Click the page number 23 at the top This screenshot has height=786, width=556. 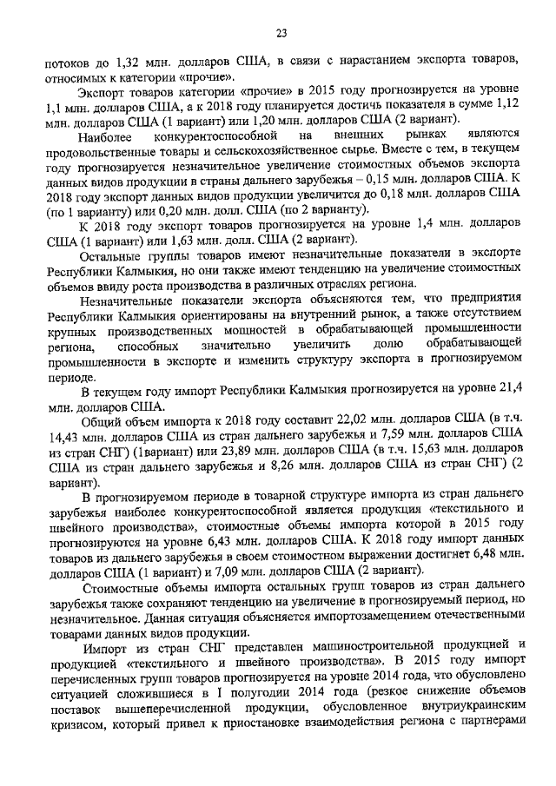281,33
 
